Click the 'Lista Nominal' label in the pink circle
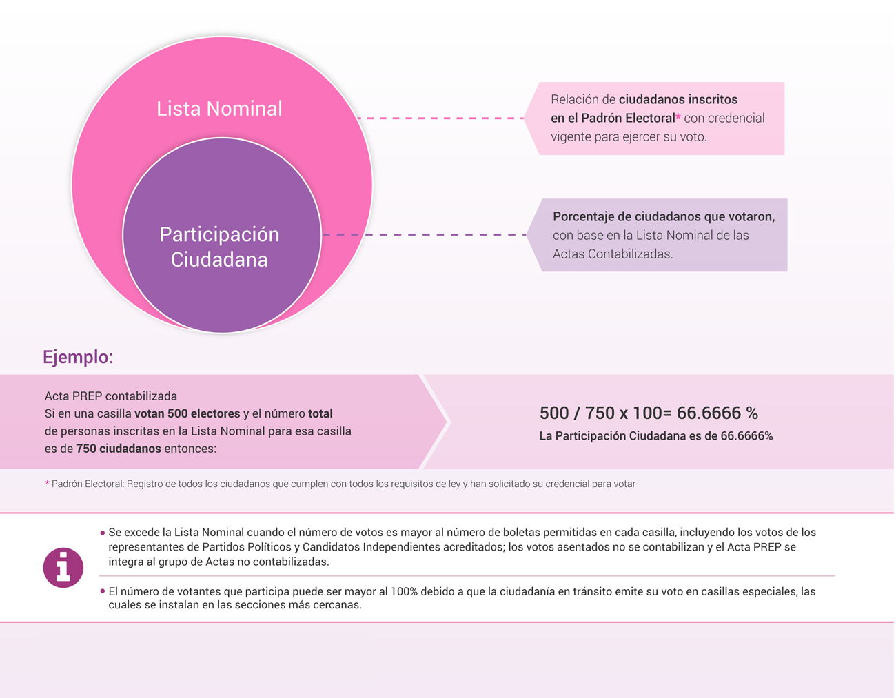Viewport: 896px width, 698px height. point(219,108)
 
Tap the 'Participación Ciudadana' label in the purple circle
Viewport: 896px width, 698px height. point(219,247)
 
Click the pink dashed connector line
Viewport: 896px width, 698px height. point(440,119)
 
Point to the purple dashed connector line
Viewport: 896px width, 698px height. point(425,235)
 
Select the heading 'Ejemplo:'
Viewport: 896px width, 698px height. point(78,357)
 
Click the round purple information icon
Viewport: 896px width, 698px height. point(63,568)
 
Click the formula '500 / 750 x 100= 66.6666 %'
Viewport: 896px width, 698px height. point(649,413)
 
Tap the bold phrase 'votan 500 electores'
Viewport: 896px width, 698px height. point(187,413)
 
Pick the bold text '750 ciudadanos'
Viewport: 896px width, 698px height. point(119,449)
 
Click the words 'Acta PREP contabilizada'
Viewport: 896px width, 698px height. point(110,396)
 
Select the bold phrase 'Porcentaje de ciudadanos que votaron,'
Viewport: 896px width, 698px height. point(664,217)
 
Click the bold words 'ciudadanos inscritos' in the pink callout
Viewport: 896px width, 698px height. point(678,99)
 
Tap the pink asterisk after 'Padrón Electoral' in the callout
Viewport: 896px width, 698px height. point(678,116)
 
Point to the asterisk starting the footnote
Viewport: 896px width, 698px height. point(47,482)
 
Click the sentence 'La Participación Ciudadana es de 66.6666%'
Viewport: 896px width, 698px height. point(656,436)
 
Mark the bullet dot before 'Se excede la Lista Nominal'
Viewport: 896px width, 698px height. point(102,533)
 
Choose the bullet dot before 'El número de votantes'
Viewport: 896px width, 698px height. point(102,591)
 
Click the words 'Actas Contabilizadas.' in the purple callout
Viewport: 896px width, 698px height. point(613,254)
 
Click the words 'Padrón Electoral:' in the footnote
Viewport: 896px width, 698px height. point(88,484)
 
